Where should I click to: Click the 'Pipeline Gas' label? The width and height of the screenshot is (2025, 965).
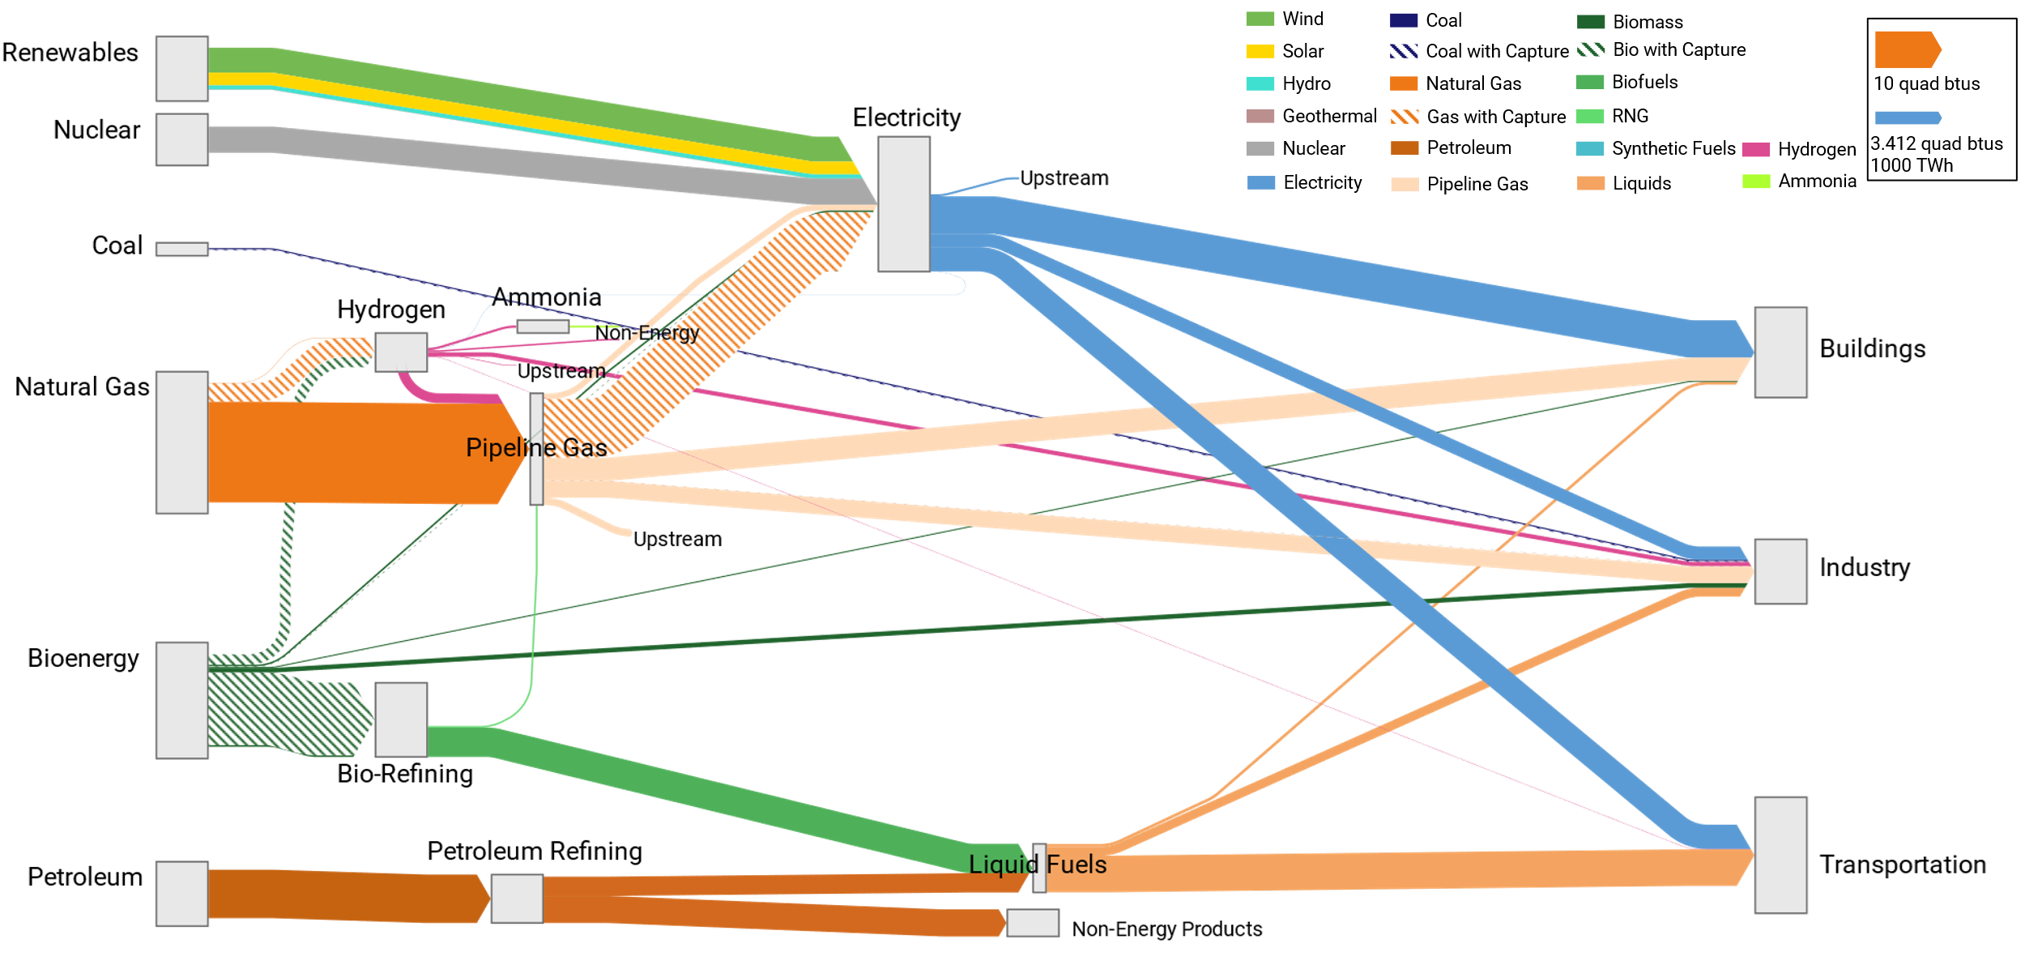tap(535, 447)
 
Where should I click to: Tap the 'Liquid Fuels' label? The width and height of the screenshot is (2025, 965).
tap(1037, 865)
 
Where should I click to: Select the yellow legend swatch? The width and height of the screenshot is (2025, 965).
tap(1260, 52)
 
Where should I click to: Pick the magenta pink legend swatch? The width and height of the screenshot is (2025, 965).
tap(1755, 149)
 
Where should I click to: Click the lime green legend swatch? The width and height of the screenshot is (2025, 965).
tap(1755, 181)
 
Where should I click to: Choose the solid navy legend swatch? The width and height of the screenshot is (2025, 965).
tap(1404, 20)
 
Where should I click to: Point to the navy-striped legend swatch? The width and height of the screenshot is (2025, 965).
tap(1404, 51)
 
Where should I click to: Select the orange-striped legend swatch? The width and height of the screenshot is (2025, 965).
tap(1405, 117)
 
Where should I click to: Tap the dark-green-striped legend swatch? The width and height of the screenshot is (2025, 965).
tap(1591, 50)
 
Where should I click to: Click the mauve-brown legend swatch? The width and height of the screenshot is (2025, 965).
tap(1260, 116)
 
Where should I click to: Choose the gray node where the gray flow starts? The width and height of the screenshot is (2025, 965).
tap(181, 139)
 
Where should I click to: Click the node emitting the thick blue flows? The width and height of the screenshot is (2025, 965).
tap(903, 204)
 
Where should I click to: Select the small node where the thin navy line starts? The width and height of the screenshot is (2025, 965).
tap(181, 250)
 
